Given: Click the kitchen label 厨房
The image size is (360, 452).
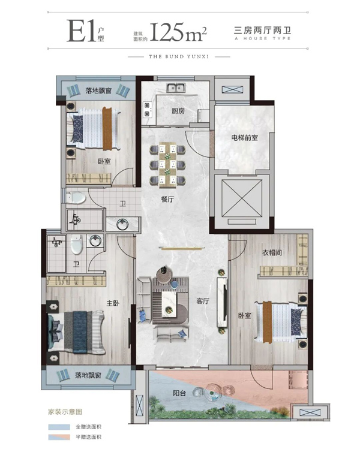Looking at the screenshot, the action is (x=178, y=111).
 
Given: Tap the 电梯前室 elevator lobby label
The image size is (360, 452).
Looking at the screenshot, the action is (x=244, y=138).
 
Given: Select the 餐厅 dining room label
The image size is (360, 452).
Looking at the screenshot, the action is (x=167, y=199).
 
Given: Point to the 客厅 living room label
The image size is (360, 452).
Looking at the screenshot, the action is (x=203, y=301).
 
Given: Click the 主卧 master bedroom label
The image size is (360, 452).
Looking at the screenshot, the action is (x=113, y=303).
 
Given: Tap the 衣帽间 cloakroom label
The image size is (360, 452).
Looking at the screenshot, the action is (x=272, y=253).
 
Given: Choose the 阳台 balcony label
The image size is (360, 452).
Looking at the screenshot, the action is (x=179, y=393).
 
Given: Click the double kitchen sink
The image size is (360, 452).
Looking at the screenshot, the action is (x=175, y=88).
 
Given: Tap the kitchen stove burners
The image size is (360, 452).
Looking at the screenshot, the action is (x=148, y=110).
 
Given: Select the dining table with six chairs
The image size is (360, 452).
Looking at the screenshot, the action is (x=167, y=165).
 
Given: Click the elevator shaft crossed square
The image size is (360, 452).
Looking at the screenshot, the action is (x=242, y=198).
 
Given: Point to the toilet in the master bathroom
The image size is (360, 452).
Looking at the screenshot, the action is (x=76, y=244).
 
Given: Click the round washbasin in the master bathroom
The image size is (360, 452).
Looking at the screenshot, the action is (x=95, y=240).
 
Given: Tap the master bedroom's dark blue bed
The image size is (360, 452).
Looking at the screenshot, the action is (x=76, y=332).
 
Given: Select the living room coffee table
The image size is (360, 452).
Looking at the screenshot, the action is (x=169, y=305).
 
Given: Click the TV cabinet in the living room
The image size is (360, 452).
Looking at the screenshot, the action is (x=222, y=302).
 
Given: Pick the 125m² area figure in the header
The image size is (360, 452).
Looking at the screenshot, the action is (x=178, y=32).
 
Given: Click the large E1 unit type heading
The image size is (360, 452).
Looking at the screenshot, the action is (x=82, y=31).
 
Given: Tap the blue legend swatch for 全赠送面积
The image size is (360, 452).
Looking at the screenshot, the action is (x=59, y=427).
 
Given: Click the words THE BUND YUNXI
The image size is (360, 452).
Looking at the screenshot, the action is (x=179, y=57).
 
